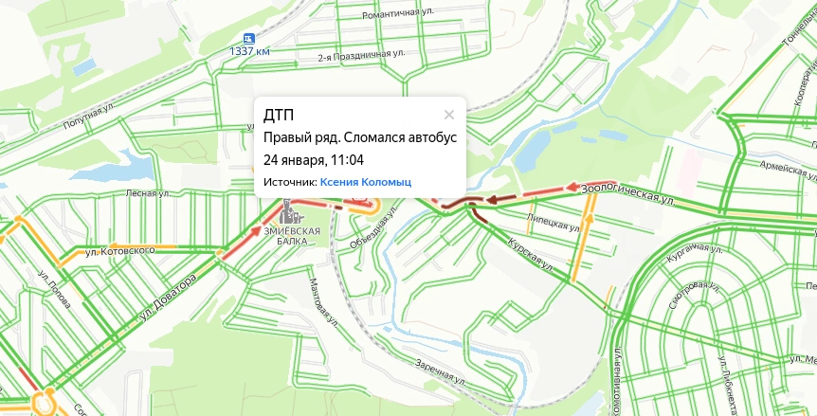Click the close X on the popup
(x=449, y=115)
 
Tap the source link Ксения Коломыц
(x=366, y=181)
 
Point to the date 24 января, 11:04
(x=313, y=158)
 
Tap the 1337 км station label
(x=249, y=52)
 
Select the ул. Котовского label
(x=119, y=251)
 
